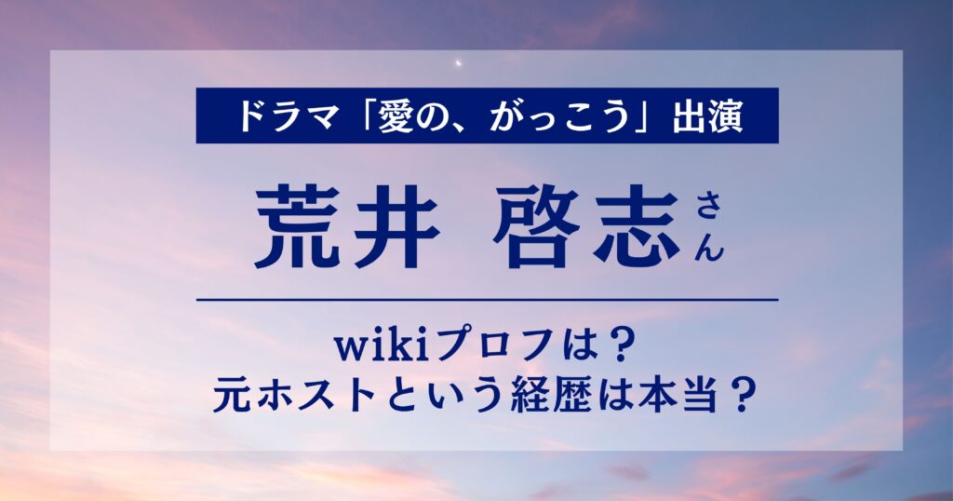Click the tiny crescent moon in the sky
coord(460,62)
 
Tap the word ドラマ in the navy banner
coord(288,116)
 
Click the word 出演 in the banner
coord(707,116)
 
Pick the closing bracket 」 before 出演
coord(646,120)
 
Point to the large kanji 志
coord(636,229)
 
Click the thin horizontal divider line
coord(488,300)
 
